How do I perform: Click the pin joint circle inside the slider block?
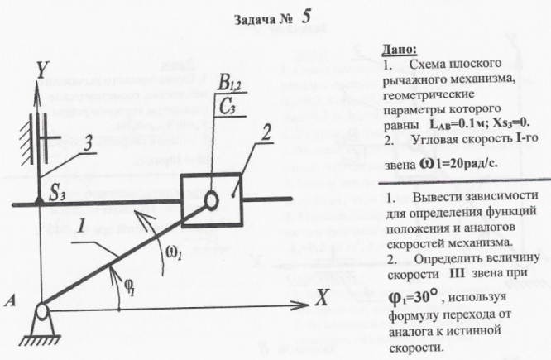(x=212, y=199)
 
